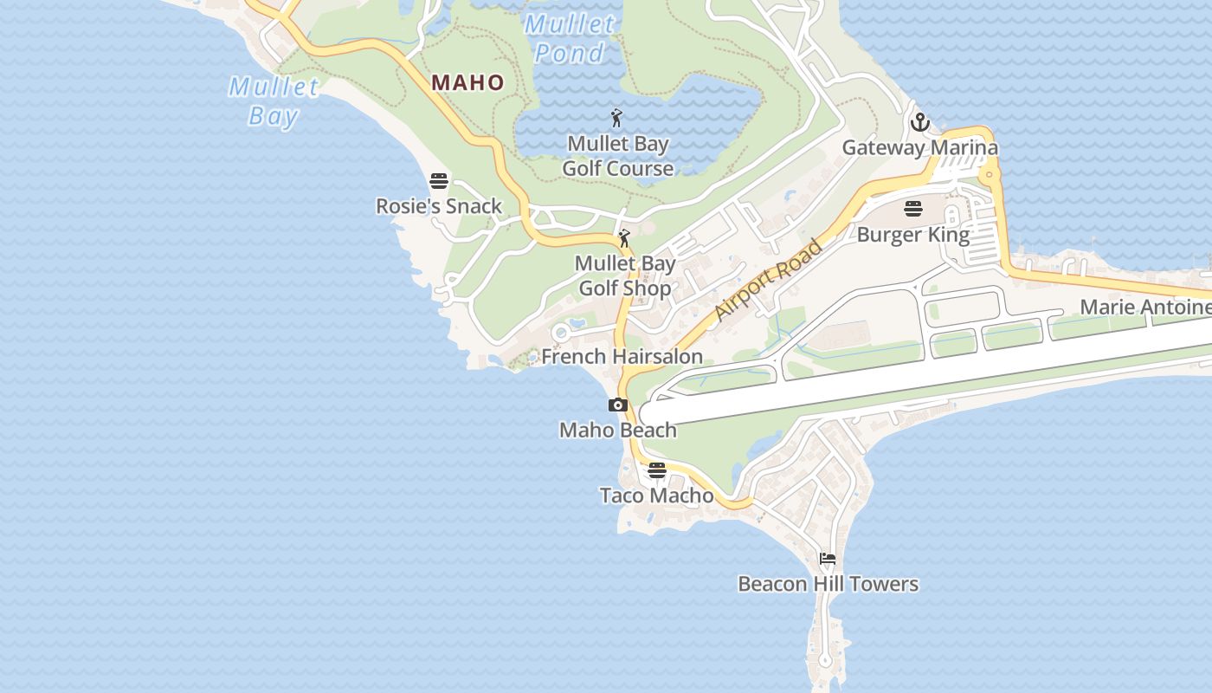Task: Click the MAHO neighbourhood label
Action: tap(467, 83)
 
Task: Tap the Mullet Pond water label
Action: tap(569, 39)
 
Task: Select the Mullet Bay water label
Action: tap(274, 101)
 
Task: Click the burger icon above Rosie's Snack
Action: tap(439, 182)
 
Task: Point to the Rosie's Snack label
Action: tap(439, 206)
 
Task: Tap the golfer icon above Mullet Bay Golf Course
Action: tap(616, 118)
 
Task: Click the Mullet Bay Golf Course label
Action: tap(618, 156)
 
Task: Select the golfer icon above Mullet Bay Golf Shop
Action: tap(624, 237)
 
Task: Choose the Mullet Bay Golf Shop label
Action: tap(625, 275)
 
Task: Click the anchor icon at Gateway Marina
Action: tap(919, 122)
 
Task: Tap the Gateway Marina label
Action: tap(920, 147)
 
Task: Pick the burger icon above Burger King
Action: tap(913, 210)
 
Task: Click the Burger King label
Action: tap(913, 234)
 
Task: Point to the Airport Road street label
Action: tap(769, 281)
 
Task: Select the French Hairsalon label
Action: tap(622, 356)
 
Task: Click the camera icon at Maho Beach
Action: tap(617, 405)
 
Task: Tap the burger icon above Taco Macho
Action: tap(657, 471)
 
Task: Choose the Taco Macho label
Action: tap(657, 495)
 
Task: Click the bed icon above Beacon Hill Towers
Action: tap(828, 560)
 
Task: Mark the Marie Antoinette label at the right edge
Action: tap(1145, 307)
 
